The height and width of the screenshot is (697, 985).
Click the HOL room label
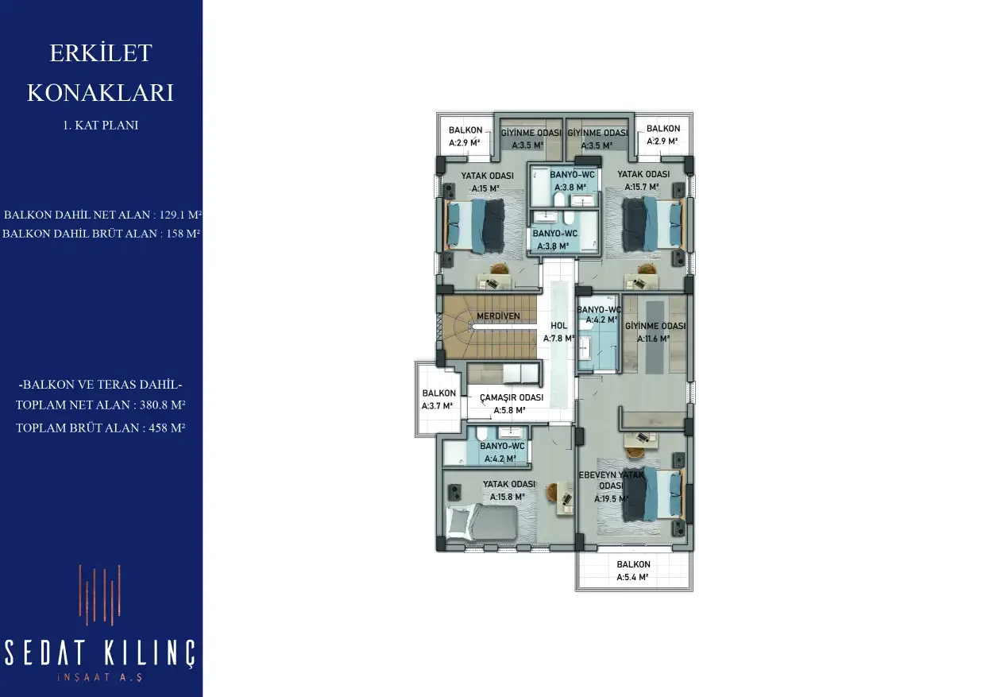[x=559, y=326]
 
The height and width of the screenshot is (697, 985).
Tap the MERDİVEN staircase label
[x=498, y=316]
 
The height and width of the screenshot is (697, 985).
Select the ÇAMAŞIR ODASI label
[x=512, y=397]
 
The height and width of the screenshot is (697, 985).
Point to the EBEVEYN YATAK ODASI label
[x=611, y=480]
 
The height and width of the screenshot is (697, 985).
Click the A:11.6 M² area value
[x=654, y=339]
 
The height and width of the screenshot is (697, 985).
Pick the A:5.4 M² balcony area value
[x=632, y=577]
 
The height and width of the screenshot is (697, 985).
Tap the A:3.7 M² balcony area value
[x=437, y=406]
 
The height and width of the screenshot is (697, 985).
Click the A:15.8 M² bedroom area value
[x=508, y=497]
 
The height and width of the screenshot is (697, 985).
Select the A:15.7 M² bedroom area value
[x=642, y=187]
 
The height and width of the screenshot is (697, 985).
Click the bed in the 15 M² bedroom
[x=475, y=225]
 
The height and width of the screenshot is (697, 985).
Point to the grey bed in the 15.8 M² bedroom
[x=481, y=522]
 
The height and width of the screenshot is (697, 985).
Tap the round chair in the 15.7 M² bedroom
[x=645, y=269]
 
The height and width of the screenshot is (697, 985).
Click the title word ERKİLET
[x=101, y=53]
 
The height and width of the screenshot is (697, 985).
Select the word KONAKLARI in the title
[x=100, y=92]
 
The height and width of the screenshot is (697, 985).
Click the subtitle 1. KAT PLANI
[x=101, y=126]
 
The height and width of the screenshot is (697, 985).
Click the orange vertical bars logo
[x=100, y=595]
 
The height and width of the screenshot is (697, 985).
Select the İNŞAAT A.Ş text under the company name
[x=100, y=677]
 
